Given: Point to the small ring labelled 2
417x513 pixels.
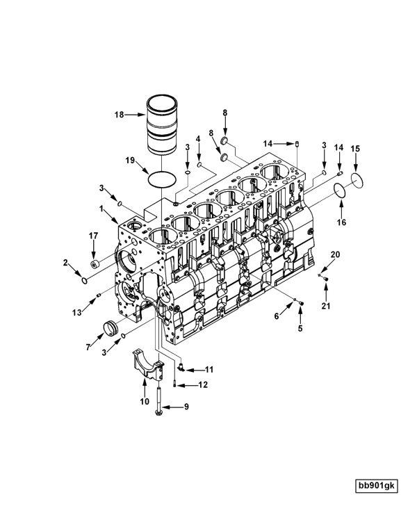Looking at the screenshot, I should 85,280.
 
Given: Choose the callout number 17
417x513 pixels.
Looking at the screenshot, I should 92,236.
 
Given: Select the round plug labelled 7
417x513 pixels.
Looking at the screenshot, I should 108,325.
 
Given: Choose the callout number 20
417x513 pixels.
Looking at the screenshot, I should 335,255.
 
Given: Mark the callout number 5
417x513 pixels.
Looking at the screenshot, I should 300,327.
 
